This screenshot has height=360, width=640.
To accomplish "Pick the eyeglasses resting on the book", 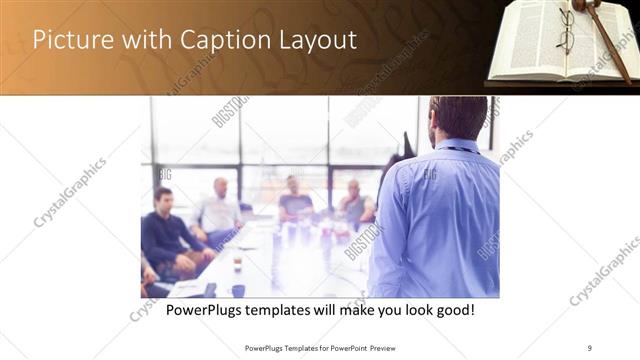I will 566,30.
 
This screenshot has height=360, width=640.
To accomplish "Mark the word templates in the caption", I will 291,311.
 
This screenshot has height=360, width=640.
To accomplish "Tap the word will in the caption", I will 329,311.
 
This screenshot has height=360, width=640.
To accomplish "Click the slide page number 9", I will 590,348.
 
